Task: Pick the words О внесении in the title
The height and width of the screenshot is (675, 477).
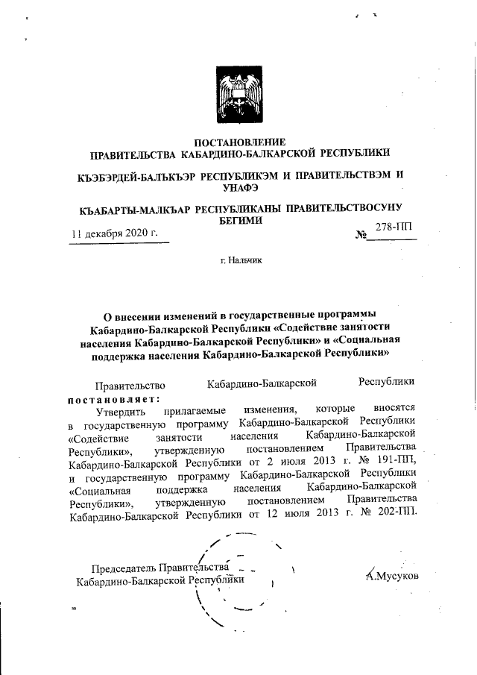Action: pyautogui.click(x=133, y=315)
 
